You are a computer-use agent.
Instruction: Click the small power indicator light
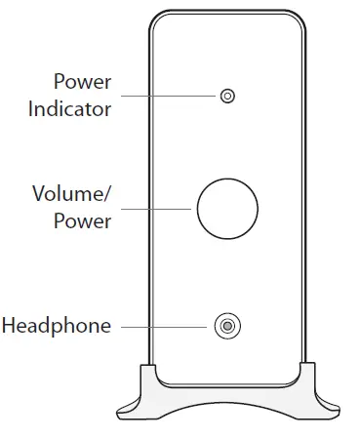(228, 96)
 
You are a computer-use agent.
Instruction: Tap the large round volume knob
(227, 208)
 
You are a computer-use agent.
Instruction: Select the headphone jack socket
(227, 326)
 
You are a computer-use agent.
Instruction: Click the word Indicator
(69, 108)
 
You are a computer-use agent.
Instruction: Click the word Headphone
(57, 325)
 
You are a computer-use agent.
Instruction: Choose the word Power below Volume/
(84, 220)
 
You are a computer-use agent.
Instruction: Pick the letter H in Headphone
(9, 325)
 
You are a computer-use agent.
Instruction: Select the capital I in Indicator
(31, 108)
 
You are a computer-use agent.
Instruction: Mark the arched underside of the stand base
(227, 399)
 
